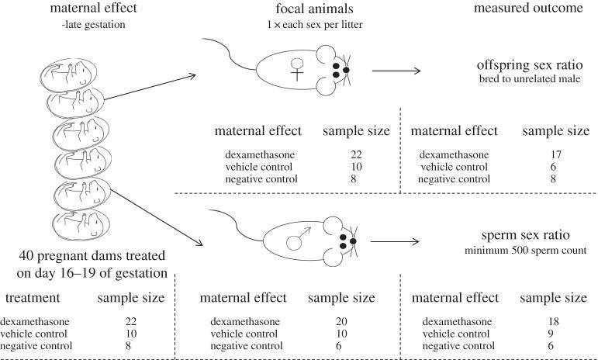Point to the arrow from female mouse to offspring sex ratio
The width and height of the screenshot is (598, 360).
click(x=396, y=71)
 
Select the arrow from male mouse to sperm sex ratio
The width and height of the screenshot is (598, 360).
click(x=396, y=241)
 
